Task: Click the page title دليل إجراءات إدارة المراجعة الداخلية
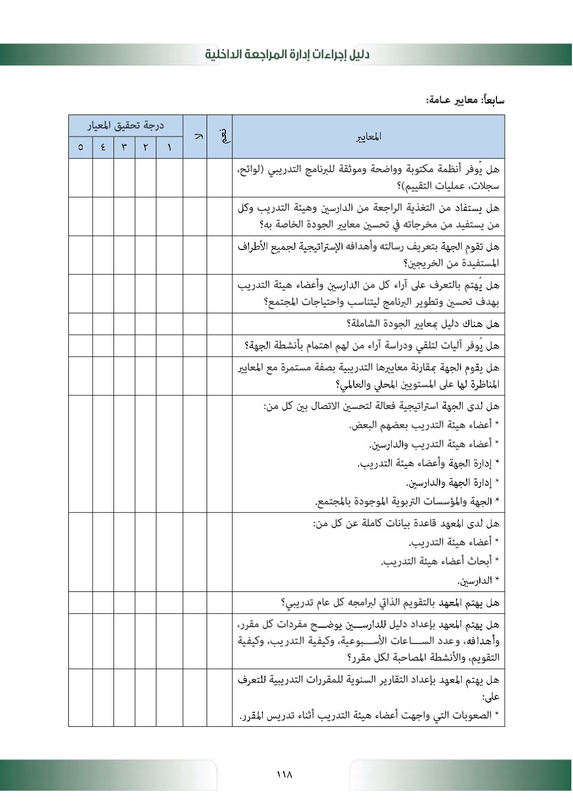[287, 55]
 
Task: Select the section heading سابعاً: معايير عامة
[465, 100]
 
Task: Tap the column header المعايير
[368, 137]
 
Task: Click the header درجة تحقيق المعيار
[126, 126]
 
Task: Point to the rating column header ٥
[81, 148]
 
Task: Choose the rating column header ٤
[103, 148]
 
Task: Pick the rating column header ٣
[124, 148]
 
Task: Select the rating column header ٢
[145, 148]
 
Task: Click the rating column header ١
[169, 148]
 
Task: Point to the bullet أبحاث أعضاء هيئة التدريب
[440, 562]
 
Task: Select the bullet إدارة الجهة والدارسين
[452, 483]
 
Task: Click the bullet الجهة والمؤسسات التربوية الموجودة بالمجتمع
[407, 502]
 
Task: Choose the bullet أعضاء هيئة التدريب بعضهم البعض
[424, 425]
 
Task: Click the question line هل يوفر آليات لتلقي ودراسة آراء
[372, 346]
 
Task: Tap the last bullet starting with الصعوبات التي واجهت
[369, 716]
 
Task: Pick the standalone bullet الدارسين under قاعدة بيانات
[478, 581]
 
